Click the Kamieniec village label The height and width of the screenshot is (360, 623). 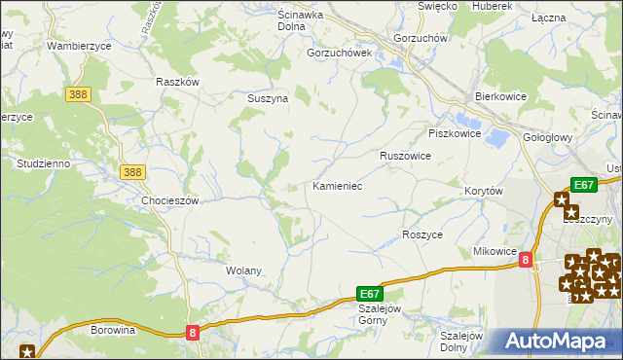pyautogui.click(x=338, y=185)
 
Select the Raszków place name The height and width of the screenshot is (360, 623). pyautogui.click(x=177, y=82)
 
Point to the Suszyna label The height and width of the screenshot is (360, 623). pyautogui.click(x=265, y=98)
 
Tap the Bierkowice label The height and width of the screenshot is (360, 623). pyautogui.click(x=499, y=97)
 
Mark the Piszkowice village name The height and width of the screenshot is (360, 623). pyautogui.click(x=455, y=133)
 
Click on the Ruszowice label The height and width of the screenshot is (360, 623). pyautogui.click(x=406, y=156)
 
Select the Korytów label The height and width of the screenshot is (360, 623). pyautogui.click(x=483, y=192)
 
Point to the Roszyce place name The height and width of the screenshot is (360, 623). pyautogui.click(x=422, y=235)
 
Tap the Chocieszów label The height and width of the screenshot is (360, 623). pyautogui.click(x=169, y=200)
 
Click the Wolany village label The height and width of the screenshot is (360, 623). pyautogui.click(x=244, y=270)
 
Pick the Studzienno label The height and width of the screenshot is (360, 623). pyautogui.click(x=43, y=163)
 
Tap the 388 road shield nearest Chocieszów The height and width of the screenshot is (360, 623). pyautogui.click(x=133, y=172)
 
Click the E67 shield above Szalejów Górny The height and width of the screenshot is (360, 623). pyautogui.click(x=369, y=293)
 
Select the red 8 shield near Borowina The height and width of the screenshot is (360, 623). pyautogui.click(x=193, y=333)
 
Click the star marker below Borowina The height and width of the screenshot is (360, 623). pyautogui.click(x=26, y=352)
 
